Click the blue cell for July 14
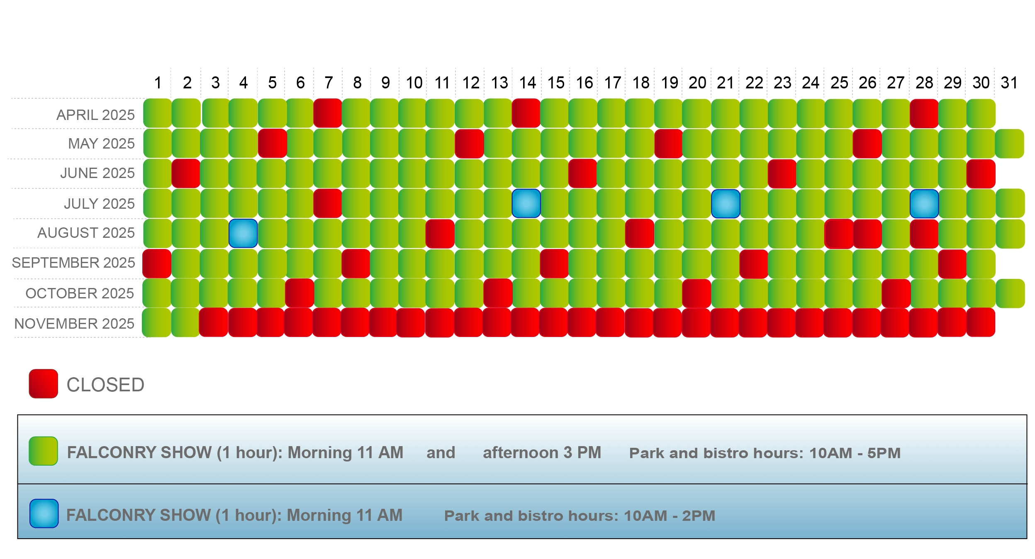click(526, 203)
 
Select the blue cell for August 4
click(243, 233)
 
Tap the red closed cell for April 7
click(328, 113)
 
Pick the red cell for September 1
click(157, 263)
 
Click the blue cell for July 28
click(924, 204)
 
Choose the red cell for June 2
click(186, 173)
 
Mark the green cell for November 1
click(157, 322)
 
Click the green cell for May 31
click(1009, 144)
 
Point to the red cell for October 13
click(498, 293)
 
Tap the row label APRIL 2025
click(95, 115)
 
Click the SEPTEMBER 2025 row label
click(73, 263)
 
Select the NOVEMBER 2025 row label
click(74, 324)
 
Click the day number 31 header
click(1009, 83)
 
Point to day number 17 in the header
click(613, 83)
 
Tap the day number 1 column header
click(158, 83)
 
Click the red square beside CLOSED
click(43, 384)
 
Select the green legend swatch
click(43, 451)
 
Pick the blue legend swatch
click(44, 513)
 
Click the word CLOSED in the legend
click(105, 385)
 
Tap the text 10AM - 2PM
click(670, 516)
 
